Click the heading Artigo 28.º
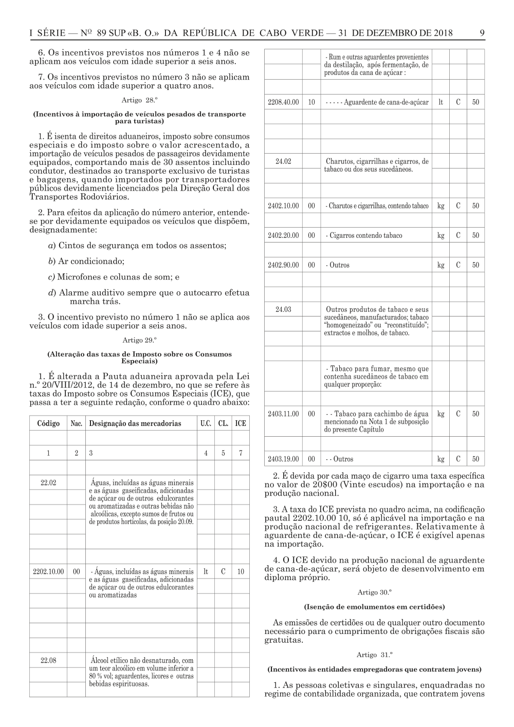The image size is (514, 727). tap(139, 99)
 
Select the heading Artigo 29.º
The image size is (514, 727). tap(139, 340)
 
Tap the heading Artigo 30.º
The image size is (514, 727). tap(374, 592)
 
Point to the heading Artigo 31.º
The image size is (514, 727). tap(374, 655)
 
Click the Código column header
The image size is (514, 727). tap(48, 424)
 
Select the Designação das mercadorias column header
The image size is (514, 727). tap(135, 424)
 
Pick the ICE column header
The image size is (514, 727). tap(240, 424)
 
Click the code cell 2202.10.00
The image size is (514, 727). tap(48, 571)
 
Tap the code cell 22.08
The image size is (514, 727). tap(48, 660)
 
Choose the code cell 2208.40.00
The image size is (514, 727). tap(283, 102)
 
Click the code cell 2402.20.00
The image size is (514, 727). tap(283, 235)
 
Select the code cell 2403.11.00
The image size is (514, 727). tap(283, 414)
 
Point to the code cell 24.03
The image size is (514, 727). tap(283, 309)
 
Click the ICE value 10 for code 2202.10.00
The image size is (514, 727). tap(240, 571)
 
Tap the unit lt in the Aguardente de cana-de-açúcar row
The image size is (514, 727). tap(440, 102)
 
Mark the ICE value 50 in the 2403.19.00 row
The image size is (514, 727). tap(475, 459)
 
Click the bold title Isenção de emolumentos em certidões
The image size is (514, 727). tap(374, 607)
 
